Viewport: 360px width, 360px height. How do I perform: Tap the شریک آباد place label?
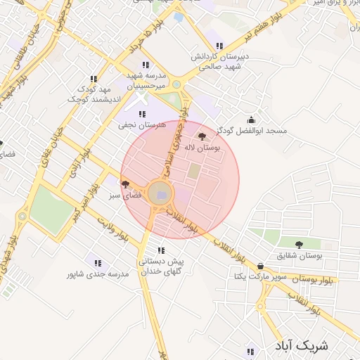point(307,346)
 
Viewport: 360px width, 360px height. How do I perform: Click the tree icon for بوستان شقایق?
point(300,245)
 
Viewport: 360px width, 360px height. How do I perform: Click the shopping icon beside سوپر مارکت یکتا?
point(262,266)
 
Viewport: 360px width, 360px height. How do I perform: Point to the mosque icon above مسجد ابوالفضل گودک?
point(251,120)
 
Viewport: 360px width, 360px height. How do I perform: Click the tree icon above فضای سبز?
point(125,184)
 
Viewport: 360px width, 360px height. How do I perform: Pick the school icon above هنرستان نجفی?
point(142,114)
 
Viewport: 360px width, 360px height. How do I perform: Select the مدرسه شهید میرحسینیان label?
point(151,79)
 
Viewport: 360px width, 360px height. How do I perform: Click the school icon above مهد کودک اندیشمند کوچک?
point(93,79)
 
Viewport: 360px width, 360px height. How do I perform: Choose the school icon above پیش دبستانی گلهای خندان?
point(161,250)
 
